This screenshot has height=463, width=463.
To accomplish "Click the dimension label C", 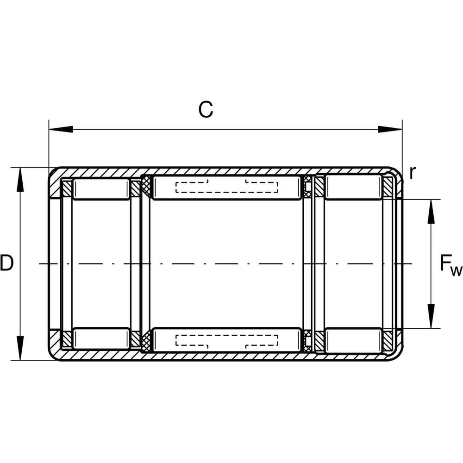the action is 206,109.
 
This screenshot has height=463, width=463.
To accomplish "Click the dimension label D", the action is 7,263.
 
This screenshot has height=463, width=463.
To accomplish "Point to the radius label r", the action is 413,172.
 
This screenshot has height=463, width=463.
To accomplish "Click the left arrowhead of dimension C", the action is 61,129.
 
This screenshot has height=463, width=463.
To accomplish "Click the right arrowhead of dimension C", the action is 390,129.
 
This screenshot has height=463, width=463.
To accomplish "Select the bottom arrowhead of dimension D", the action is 20,348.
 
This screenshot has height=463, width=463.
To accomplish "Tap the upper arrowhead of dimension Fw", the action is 431,212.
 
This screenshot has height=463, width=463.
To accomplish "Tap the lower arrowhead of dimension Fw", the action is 431,316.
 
